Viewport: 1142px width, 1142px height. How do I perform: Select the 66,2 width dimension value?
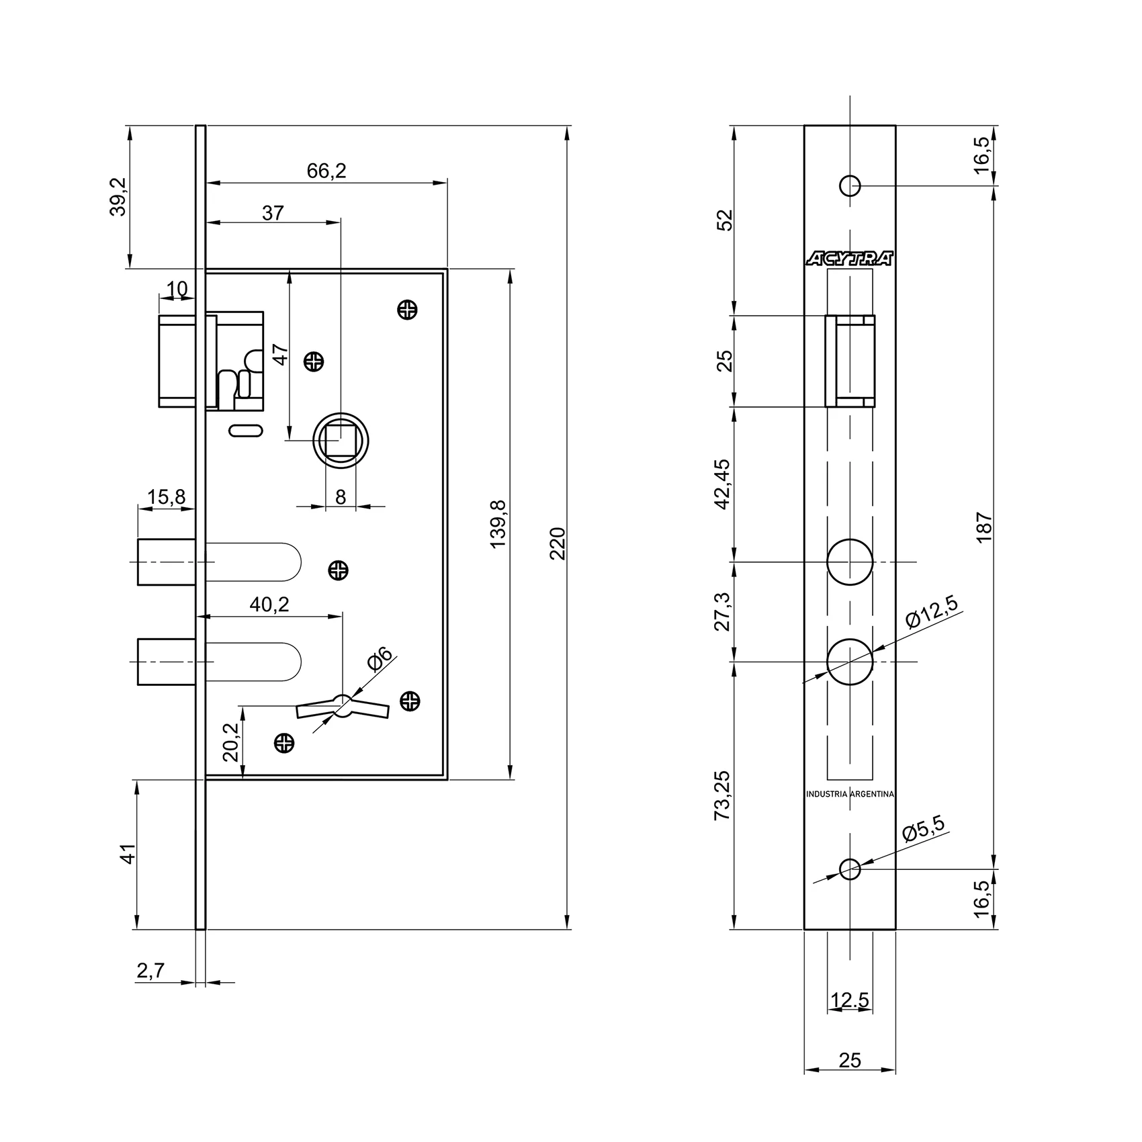tap(326, 171)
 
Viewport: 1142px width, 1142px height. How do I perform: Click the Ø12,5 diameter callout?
tap(930, 611)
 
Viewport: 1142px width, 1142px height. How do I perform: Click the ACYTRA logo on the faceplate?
tap(850, 259)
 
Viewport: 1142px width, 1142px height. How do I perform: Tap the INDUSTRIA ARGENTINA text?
tap(850, 794)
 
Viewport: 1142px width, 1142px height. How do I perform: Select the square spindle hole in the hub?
tap(341, 441)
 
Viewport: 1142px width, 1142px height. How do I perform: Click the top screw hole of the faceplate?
tap(850, 185)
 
